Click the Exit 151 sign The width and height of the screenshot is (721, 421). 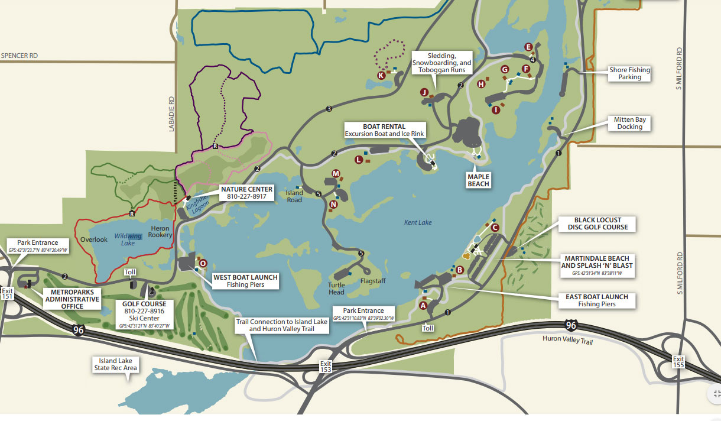coord(7,294)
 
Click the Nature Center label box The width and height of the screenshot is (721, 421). coord(246,193)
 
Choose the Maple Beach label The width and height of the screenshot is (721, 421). coord(478,180)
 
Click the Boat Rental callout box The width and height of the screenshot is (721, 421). coord(384,130)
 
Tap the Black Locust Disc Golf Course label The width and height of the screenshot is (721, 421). coord(597,224)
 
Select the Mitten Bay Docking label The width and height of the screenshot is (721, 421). coord(629,123)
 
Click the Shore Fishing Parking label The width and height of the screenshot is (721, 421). coord(629,73)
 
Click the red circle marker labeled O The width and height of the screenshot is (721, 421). coord(203,263)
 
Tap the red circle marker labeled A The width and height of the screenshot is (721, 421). coord(423,306)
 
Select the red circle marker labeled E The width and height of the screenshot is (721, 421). coord(528,47)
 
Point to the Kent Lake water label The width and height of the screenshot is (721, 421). coord(418,222)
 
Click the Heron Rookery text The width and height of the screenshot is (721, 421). coord(160,232)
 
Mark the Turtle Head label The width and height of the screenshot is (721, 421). coord(336,288)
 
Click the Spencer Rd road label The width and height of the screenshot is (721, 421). coord(20,56)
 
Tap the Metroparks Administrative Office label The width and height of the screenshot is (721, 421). coord(67,299)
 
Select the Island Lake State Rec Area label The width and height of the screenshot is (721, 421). coord(115,364)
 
